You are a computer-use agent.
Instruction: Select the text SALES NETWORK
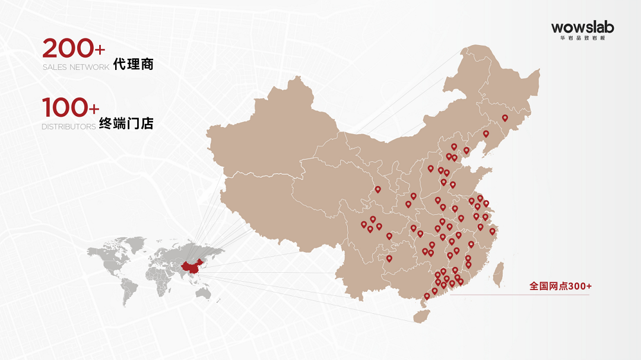pyautogui.click(x=75, y=67)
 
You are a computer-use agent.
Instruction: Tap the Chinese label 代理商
pyautogui.click(x=134, y=64)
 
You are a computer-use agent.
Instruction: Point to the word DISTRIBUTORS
pyautogui.click(x=68, y=126)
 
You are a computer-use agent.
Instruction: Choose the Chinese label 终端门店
pyautogui.click(x=126, y=123)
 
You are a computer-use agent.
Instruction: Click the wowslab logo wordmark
pyautogui.click(x=582, y=27)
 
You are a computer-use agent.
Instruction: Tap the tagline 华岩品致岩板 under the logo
pyautogui.click(x=582, y=38)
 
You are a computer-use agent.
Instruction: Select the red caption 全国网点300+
pyautogui.click(x=560, y=286)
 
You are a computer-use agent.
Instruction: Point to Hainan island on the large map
pyautogui.click(x=421, y=315)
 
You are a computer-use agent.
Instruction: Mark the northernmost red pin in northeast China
pyautogui.click(x=505, y=118)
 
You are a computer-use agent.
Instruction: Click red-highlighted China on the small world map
pyautogui.click(x=191, y=267)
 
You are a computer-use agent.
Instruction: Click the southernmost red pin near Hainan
pyautogui.click(x=427, y=296)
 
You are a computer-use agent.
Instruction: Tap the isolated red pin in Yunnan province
pyautogui.click(x=389, y=259)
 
